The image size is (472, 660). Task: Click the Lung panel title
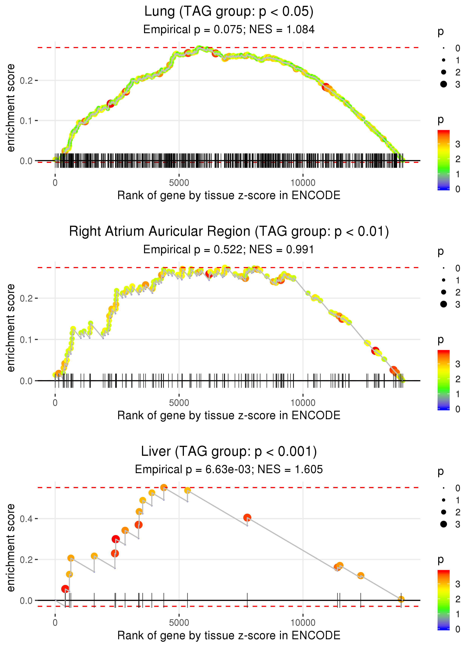point(229,12)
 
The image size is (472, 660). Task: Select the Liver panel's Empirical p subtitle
point(229,469)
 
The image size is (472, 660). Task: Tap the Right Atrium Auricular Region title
point(229,232)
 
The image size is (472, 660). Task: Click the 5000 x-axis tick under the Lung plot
point(179,183)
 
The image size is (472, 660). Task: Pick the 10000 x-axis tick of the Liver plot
point(303,622)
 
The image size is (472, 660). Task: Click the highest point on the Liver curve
point(164,488)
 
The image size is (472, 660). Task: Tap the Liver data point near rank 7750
point(247,517)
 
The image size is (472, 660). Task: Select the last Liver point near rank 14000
point(401,599)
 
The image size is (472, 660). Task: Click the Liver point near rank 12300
point(360,576)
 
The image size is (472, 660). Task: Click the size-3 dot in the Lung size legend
point(443,84)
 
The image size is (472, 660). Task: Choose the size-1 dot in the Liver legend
point(443,500)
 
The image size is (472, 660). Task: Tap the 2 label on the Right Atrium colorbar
point(458,379)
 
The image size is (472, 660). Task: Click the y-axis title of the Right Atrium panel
point(11,328)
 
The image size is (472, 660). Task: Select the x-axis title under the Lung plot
point(229,195)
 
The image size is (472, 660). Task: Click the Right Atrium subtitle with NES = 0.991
point(229,249)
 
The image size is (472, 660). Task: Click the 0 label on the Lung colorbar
point(458,189)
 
